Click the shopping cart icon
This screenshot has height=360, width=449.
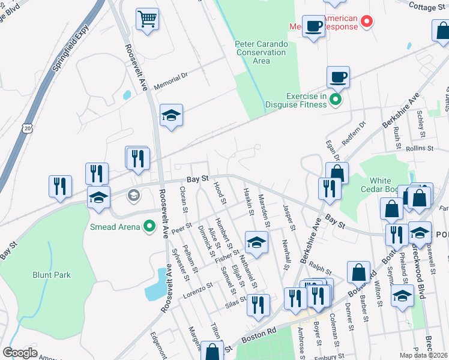[146, 19]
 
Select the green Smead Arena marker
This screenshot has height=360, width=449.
[149, 226]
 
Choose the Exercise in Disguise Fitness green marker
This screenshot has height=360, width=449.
[335, 100]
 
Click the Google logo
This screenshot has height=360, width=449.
[20, 352]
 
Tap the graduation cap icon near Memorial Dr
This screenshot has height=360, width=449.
[171, 115]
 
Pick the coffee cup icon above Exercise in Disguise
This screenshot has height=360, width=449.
[338, 77]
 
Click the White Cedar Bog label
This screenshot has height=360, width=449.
[389, 185]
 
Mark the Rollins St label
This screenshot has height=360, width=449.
[419, 148]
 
